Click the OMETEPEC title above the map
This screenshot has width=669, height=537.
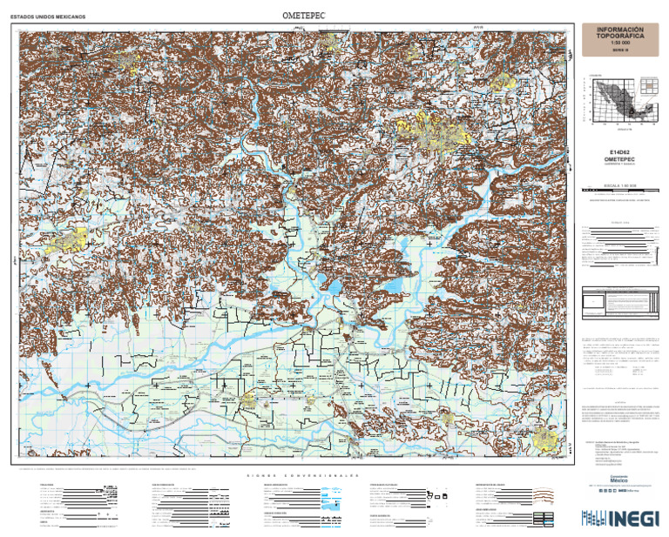point(302,16)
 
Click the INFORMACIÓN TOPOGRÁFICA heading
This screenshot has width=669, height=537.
point(619,34)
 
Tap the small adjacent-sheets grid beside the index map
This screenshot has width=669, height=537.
point(648,85)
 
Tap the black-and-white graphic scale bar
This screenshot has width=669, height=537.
point(619,191)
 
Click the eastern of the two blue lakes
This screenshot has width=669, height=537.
point(393,285)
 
